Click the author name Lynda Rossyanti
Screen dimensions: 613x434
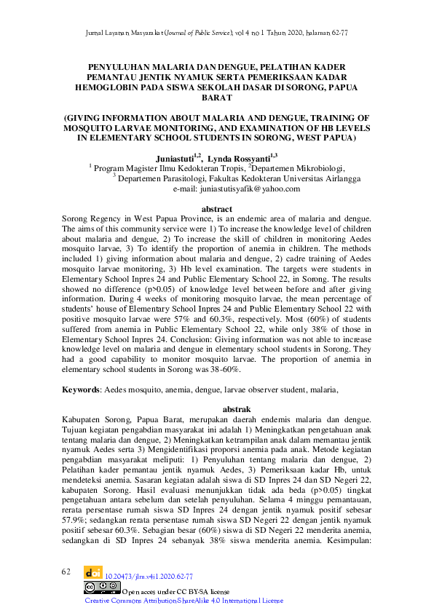tap(245, 157)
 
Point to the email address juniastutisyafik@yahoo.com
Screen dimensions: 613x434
tap(237, 189)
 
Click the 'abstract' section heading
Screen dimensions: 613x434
tap(216, 209)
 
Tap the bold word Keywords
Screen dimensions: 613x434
tap(81, 390)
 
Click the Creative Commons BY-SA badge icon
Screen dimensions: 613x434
tap(101, 588)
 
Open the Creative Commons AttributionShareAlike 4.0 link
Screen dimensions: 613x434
tap(184, 601)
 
